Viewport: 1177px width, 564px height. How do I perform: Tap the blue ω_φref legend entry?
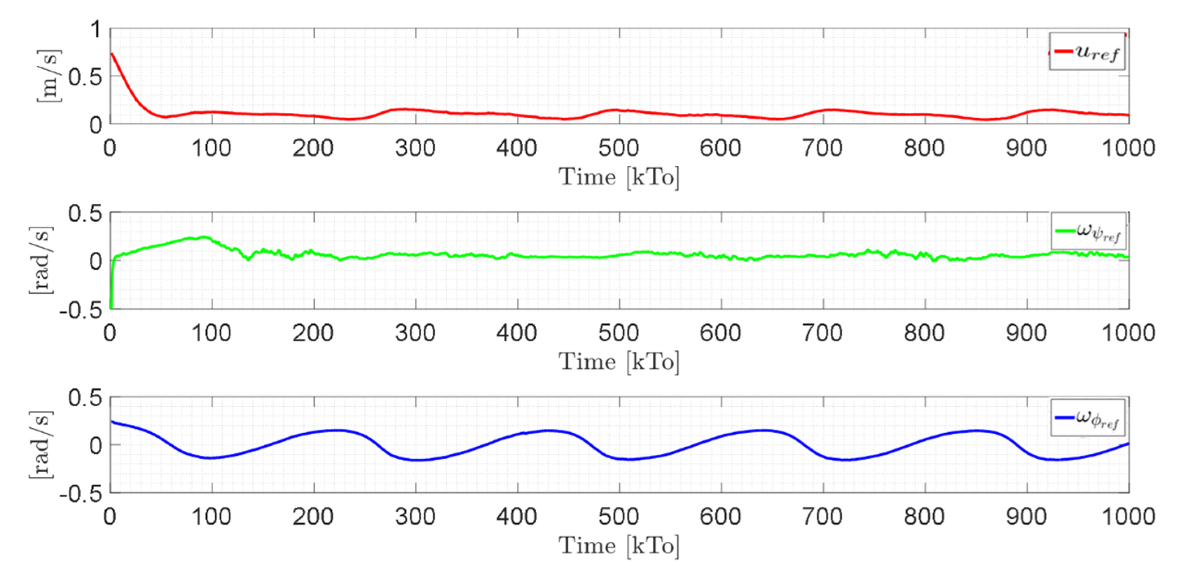pos(1088,418)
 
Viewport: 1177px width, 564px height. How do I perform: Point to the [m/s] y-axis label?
pos(48,76)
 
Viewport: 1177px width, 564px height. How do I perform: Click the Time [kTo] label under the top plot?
pos(619,177)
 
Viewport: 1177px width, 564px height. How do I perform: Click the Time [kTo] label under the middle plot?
pos(619,362)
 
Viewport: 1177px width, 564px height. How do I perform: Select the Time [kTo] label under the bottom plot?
pos(619,546)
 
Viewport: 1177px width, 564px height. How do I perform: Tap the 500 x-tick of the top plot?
pos(619,148)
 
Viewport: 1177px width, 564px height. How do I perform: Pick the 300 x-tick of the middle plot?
pos(415,333)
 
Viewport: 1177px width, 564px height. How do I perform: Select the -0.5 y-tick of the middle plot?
pos(80,311)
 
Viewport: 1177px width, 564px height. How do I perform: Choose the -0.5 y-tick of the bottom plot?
pos(80,495)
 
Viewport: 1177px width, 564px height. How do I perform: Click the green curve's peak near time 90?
pos(203,237)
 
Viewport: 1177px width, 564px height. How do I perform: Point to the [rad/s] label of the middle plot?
pos(41,260)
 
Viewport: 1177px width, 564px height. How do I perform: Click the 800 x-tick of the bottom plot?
pos(924,516)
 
